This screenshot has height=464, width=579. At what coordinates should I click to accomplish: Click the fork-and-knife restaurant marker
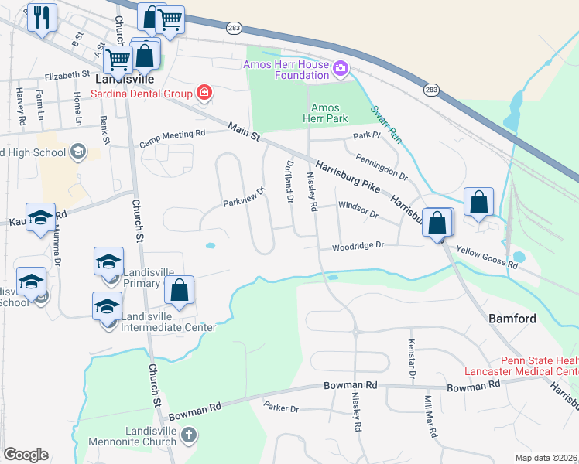(x=43, y=17)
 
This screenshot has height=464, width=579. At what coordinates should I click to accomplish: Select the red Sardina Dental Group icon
(x=204, y=94)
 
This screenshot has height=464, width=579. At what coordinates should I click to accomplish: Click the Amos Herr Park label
(x=329, y=113)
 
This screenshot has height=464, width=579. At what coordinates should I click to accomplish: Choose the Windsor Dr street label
(x=357, y=210)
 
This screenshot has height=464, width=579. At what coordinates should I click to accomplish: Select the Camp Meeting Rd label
(x=172, y=138)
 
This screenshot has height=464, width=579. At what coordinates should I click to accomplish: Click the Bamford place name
(x=512, y=319)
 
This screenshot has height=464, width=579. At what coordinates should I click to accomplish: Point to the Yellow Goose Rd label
(x=487, y=258)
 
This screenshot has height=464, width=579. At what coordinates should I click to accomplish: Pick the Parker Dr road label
(x=281, y=407)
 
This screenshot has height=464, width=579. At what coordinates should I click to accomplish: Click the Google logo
(x=26, y=455)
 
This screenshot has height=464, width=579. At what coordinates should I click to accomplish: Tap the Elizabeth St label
(x=67, y=76)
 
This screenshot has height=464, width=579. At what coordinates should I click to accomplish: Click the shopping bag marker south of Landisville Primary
(x=179, y=291)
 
